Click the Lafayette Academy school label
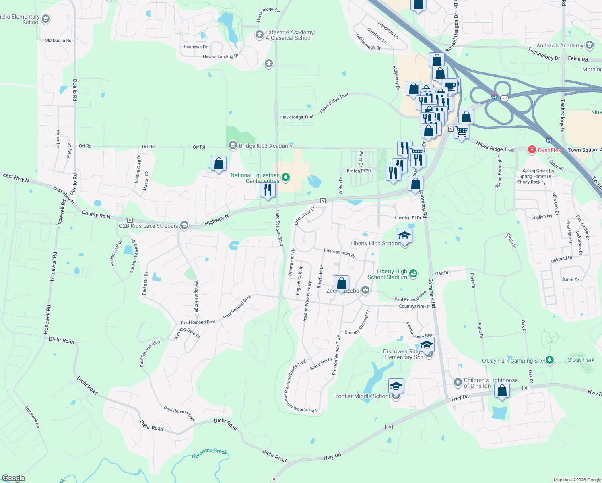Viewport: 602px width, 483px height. tap(290, 35)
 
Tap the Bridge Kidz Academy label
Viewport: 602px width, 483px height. tap(266, 146)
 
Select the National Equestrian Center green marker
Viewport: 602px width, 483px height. tap(286, 177)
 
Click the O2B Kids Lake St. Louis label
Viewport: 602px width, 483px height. tap(148, 226)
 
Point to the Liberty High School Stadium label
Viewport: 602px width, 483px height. tap(388, 274)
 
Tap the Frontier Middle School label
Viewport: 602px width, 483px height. tap(361, 396)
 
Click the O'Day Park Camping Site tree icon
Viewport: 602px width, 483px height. tap(550, 360)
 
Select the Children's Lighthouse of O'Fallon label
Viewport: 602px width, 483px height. tap(491, 383)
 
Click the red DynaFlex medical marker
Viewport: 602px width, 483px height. tap(532, 150)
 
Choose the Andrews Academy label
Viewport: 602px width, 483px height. tap(560, 45)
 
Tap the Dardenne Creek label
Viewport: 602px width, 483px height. tap(209, 453)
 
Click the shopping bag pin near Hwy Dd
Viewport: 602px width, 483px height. tap(502, 390)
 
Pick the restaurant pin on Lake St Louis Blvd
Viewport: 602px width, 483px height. tap(268, 190)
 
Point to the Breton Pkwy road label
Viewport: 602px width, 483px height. tap(359, 171)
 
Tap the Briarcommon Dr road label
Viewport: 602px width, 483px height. tap(339, 253)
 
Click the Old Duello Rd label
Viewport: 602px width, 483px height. tap(58, 40)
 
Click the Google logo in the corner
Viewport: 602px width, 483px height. tap(13, 478)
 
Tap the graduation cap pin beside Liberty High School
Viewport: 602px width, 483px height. tap(404, 236)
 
